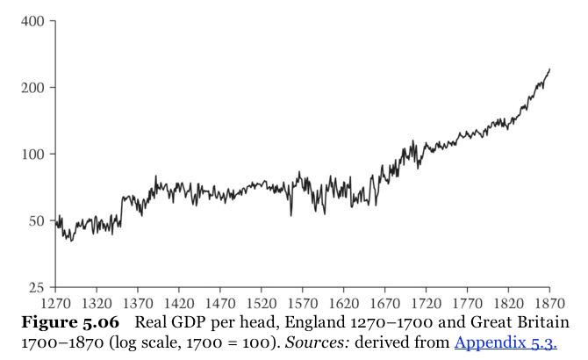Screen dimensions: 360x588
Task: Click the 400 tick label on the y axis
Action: [32, 20]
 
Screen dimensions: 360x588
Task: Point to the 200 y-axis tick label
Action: [32, 87]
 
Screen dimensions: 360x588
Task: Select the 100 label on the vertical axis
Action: [32, 154]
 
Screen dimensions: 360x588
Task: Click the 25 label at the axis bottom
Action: [36, 287]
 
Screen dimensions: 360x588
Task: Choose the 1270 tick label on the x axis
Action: [55, 300]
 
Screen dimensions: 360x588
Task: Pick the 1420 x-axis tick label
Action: [178, 300]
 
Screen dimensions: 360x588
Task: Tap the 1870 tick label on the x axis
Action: [549, 300]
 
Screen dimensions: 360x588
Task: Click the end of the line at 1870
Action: [549, 69]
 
